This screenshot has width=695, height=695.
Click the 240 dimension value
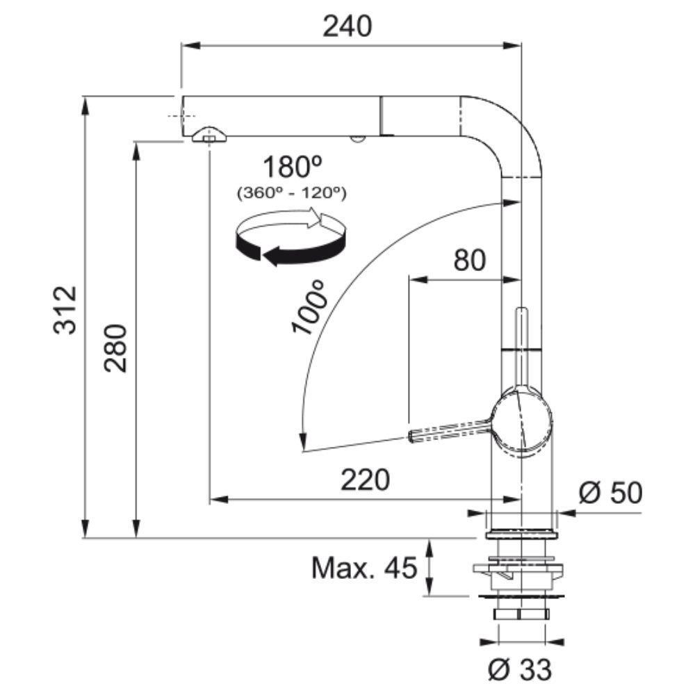[x=348, y=26]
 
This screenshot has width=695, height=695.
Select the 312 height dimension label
[x=69, y=310]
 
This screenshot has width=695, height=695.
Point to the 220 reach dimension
[x=366, y=480]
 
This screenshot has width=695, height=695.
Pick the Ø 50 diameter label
[x=610, y=493]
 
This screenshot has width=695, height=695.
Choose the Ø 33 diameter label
[x=519, y=669]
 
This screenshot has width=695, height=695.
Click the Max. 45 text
[x=364, y=569]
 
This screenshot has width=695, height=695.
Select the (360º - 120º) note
[x=292, y=192]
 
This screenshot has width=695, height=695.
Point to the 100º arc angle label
[x=310, y=307]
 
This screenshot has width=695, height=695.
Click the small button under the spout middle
[x=357, y=139]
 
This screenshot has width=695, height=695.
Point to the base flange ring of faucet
[x=521, y=534]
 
